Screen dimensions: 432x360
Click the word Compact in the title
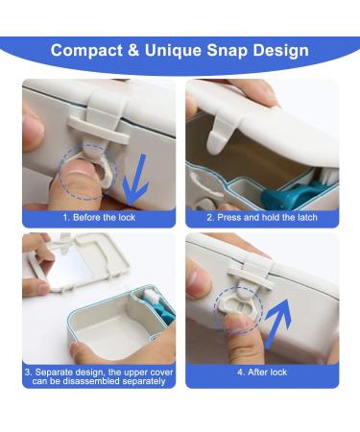coord(91,50)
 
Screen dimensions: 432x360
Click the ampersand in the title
coord(141,50)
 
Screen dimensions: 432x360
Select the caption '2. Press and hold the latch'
coord(260,218)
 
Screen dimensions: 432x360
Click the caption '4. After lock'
coord(260,369)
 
